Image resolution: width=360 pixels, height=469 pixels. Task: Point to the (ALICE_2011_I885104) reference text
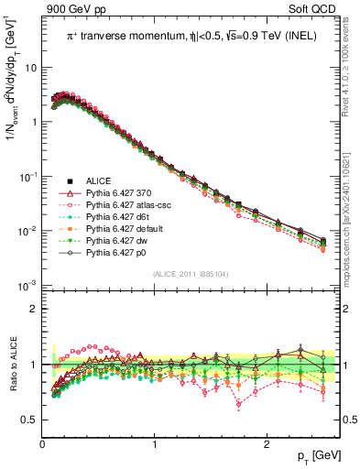pyautogui.click(x=191, y=274)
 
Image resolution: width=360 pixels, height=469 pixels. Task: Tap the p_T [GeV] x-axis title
pyautogui.click(x=318, y=455)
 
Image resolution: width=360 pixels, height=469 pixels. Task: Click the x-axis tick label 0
pyautogui.click(x=43, y=443)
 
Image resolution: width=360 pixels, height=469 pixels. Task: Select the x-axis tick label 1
pyautogui.click(x=155, y=443)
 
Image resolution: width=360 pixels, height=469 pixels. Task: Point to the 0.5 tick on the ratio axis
pyautogui.click(x=29, y=420)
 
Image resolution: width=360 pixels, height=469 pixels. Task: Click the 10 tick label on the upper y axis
pyautogui.click(x=30, y=68)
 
